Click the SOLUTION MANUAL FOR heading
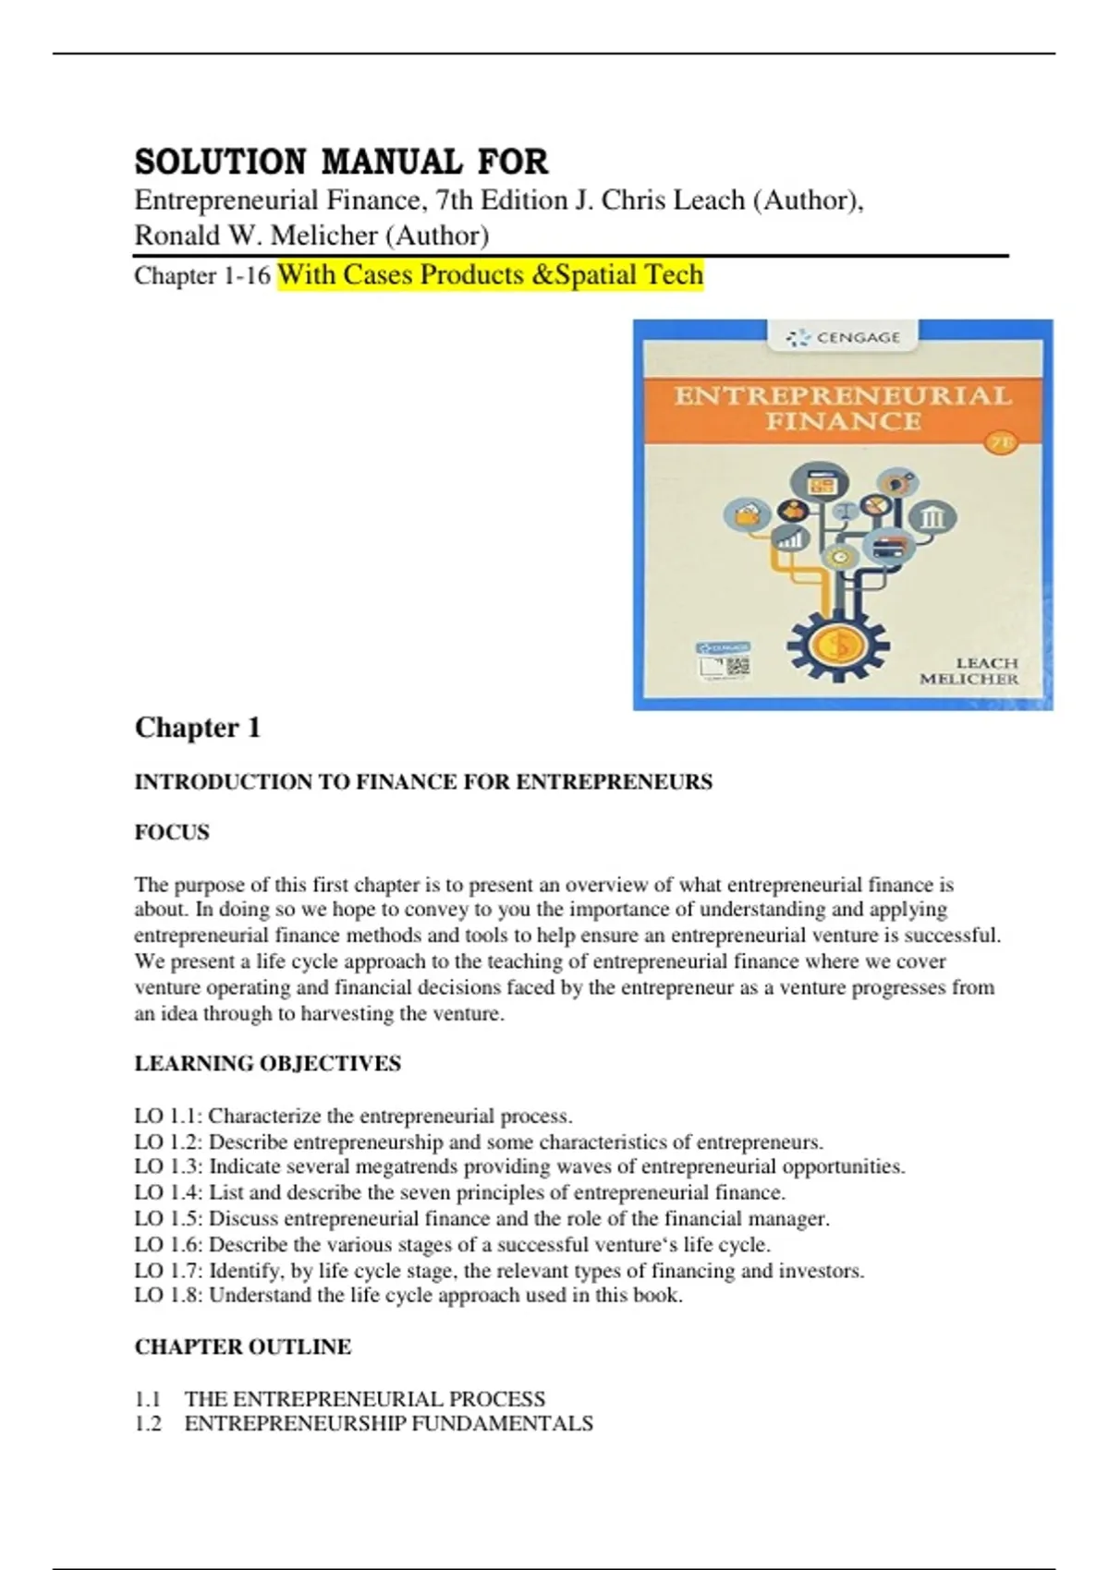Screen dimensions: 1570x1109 [x=341, y=162]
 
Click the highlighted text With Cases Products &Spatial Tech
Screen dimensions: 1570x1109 [x=490, y=275]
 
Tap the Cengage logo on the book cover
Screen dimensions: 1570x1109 [x=843, y=338]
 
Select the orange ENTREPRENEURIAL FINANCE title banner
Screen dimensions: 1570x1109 [x=842, y=408]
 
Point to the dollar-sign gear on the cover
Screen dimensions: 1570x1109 [x=838, y=645]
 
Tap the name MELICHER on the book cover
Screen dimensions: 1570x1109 [x=968, y=679]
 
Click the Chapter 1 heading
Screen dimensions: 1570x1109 [x=198, y=728]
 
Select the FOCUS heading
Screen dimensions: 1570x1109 [x=172, y=832]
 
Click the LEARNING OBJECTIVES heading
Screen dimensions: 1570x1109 [x=267, y=1064]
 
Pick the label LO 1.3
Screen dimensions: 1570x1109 [x=167, y=1167]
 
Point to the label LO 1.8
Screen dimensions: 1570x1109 [x=167, y=1296]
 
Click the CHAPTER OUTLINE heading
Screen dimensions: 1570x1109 [x=242, y=1347]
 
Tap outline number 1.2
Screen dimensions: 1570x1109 [x=148, y=1424]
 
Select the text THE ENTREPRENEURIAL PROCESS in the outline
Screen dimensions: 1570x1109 [x=364, y=1399]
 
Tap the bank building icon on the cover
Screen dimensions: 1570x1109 [x=932, y=518]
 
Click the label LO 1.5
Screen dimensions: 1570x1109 [x=167, y=1219]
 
